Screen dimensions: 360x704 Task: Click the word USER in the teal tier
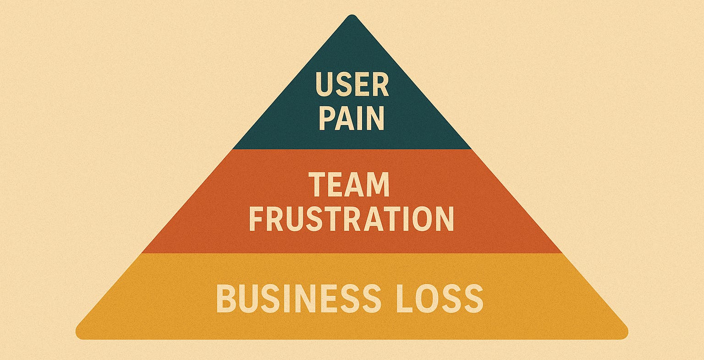point(352,85)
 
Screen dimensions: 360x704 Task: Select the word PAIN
point(352,118)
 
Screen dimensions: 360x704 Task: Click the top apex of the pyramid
point(352,17)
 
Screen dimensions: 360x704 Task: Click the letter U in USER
point(324,85)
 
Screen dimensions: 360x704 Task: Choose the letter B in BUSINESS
point(226,299)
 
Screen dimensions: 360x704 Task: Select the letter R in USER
point(380,85)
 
